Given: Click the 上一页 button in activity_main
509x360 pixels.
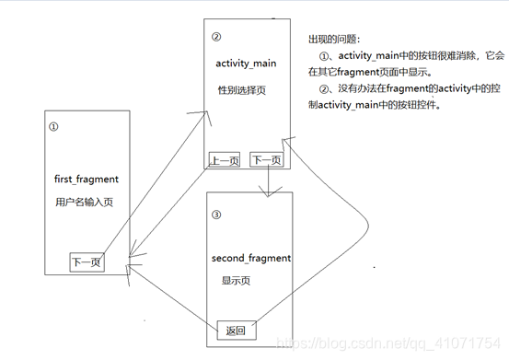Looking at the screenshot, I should pos(224,160).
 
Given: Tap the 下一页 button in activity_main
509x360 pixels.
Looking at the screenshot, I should pos(265,160).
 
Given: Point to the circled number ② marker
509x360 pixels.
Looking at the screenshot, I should pos(216,38).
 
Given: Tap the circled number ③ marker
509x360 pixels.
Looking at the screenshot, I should pos(216,215).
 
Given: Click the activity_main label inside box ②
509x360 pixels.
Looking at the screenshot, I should pos(246,64).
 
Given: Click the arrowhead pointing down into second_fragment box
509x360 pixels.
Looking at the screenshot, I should pos(265,192).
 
